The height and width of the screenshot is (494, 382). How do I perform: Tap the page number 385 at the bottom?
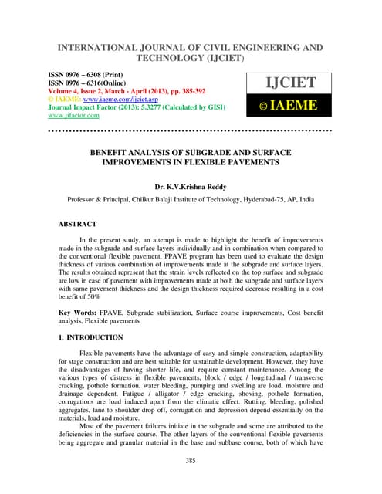point(191,461)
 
